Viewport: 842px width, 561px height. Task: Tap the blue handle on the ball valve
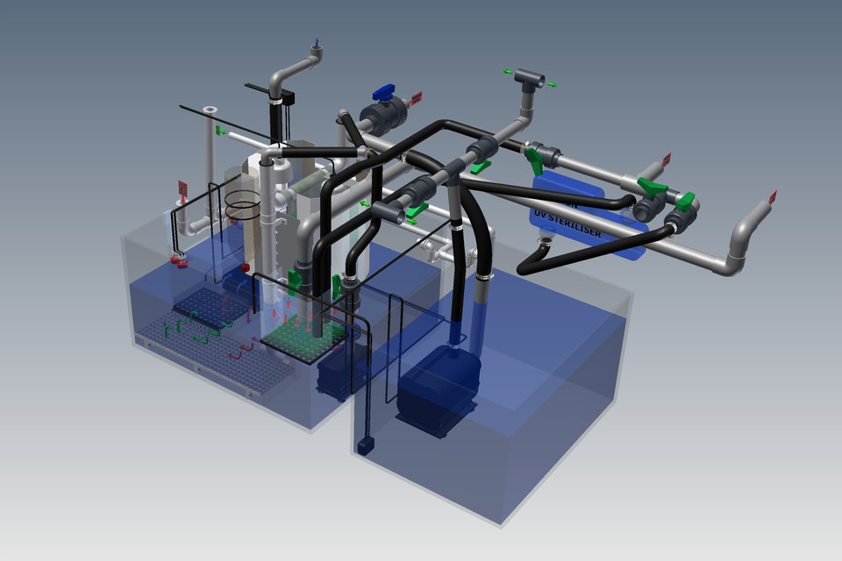(x=384, y=91)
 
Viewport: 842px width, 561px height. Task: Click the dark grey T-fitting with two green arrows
(x=531, y=79)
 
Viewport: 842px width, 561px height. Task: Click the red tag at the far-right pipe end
(x=773, y=197)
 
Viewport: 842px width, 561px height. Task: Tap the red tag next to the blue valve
(x=416, y=96)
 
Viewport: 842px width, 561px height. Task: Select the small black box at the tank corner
(x=365, y=445)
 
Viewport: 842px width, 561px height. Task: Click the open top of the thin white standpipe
(x=209, y=111)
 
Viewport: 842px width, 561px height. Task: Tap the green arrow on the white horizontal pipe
(x=221, y=131)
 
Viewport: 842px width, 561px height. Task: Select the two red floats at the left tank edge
(x=179, y=259)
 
